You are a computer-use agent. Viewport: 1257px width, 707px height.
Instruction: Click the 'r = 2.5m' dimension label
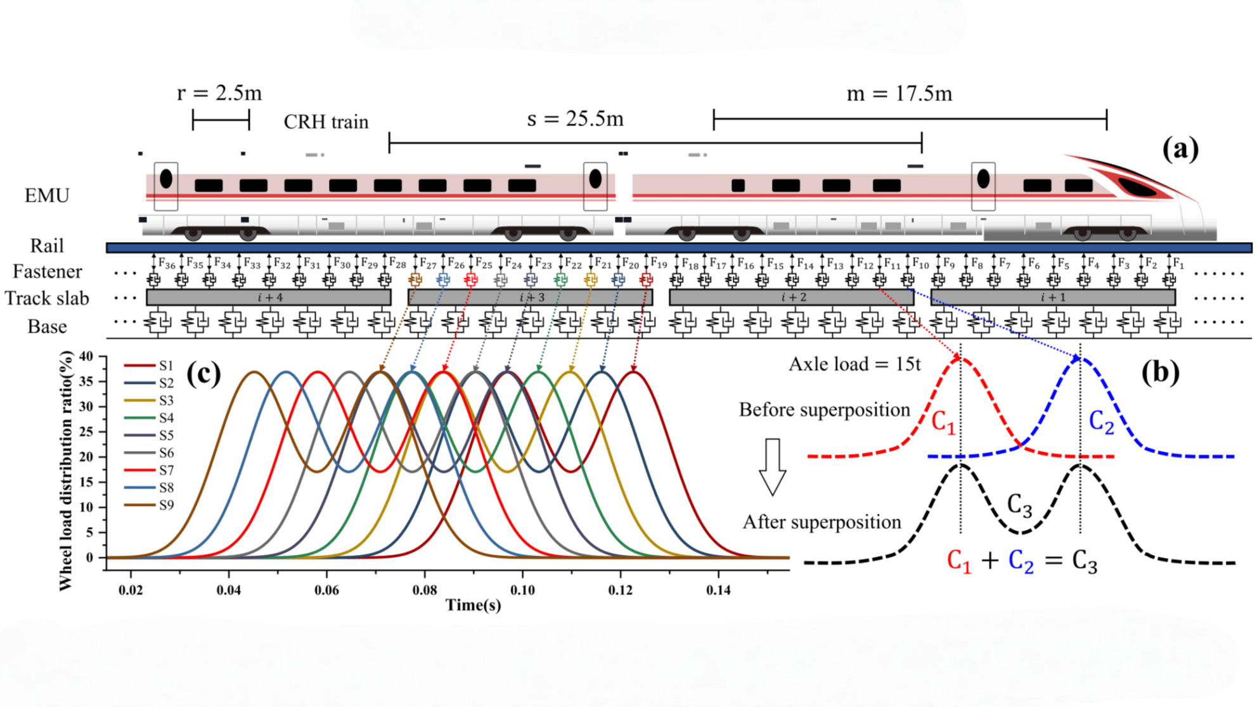tap(219, 93)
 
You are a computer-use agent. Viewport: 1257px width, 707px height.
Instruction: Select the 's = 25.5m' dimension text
tap(575, 118)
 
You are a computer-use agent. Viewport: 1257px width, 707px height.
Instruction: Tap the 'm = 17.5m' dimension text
tap(899, 94)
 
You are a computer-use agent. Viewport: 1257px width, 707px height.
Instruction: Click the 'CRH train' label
tap(326, 122)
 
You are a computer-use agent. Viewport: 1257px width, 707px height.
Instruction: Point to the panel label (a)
tap(1180, 150)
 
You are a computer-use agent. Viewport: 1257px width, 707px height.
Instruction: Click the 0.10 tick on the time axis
tap(522, 590)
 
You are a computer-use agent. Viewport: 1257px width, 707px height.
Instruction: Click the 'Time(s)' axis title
tap(474, 605)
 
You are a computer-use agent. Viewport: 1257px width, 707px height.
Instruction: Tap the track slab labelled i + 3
tap(531, 297)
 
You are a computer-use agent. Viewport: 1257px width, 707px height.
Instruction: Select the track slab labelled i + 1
tap(1053, 297)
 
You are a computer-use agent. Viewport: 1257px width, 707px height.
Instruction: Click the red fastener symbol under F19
tap(646, 279)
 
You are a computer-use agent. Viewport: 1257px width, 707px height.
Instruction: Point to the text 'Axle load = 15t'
tap(854, 364)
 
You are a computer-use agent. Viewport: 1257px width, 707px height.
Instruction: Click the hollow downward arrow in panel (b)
tap(772, 466)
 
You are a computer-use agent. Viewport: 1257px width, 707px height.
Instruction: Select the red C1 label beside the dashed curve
tap(943, 423)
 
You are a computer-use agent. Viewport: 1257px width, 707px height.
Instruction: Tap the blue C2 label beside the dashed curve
tap(1101, 423)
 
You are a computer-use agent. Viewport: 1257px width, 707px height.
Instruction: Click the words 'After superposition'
tap(822, 522)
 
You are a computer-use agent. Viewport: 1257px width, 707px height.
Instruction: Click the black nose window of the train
tap(1138, 188)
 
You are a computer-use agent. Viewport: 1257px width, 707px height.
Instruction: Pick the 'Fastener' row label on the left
tap(48, 272)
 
